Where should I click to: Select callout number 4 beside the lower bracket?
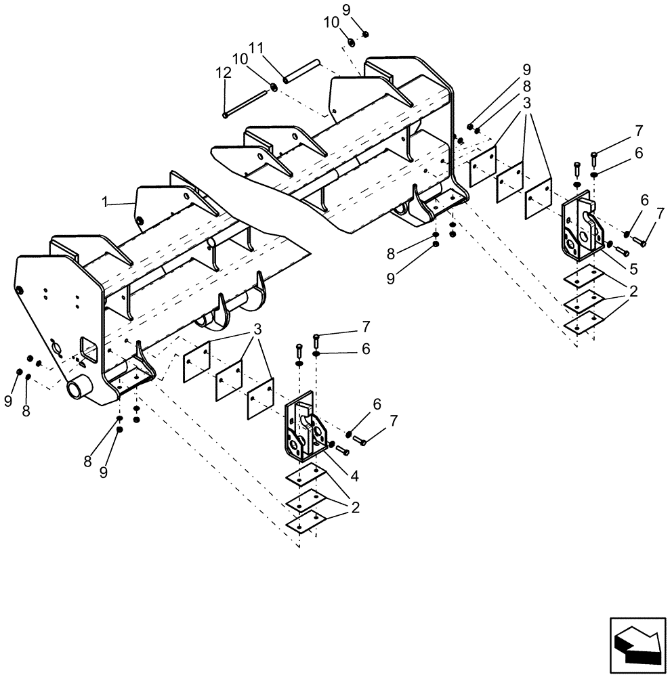pos(354,476)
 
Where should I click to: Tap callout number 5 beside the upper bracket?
pos(633,269)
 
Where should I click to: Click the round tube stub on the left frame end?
pos(79,391)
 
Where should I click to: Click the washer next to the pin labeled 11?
pos(274,86)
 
